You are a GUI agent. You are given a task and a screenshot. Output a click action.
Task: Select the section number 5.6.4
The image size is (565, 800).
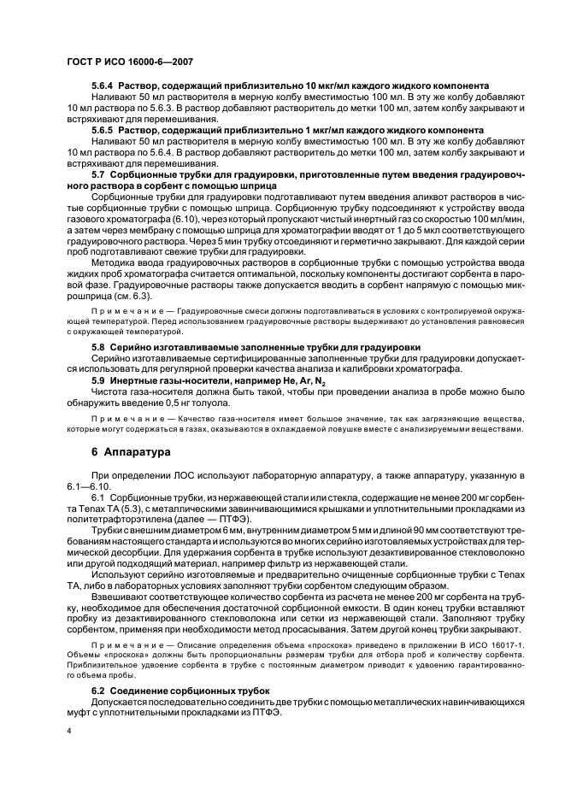pyautogui.click(x=103, y=85)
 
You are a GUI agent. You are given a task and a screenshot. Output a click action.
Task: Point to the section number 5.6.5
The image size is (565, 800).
pyautogui.click(x=103, y=129)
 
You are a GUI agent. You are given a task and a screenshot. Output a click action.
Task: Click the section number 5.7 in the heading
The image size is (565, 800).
pyautogui.click(x=99, y=174)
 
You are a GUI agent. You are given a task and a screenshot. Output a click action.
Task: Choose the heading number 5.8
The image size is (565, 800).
pyautogui.click(x=99, y=347)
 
